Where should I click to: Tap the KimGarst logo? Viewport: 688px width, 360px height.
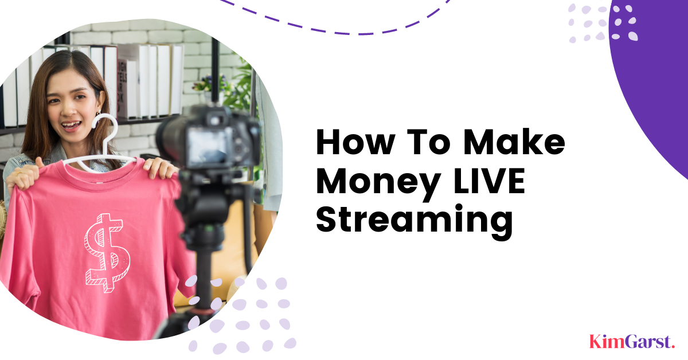[632, 342]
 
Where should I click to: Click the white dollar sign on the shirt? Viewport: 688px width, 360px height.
[107, 252]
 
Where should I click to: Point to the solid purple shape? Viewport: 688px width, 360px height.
[654, 80]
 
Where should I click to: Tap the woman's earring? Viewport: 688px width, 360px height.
[98, 113]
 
